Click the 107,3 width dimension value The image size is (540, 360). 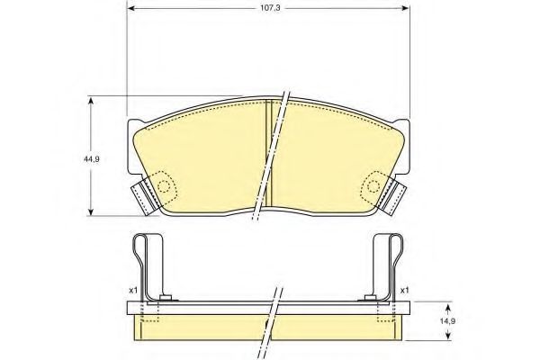[x=270, y=8]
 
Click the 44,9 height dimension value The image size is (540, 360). [x=91, y=159]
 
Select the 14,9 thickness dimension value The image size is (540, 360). [x=448, y=321]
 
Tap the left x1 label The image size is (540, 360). [x=132, y=291]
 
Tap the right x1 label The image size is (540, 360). [x=404, y=291]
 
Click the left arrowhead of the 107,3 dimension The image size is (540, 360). [x=130, y=8]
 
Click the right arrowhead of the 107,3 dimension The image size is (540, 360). [x=406, y=8]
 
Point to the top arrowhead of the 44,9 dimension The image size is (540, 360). [x=91, y=100]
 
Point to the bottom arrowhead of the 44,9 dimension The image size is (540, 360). [x=91, y=211]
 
